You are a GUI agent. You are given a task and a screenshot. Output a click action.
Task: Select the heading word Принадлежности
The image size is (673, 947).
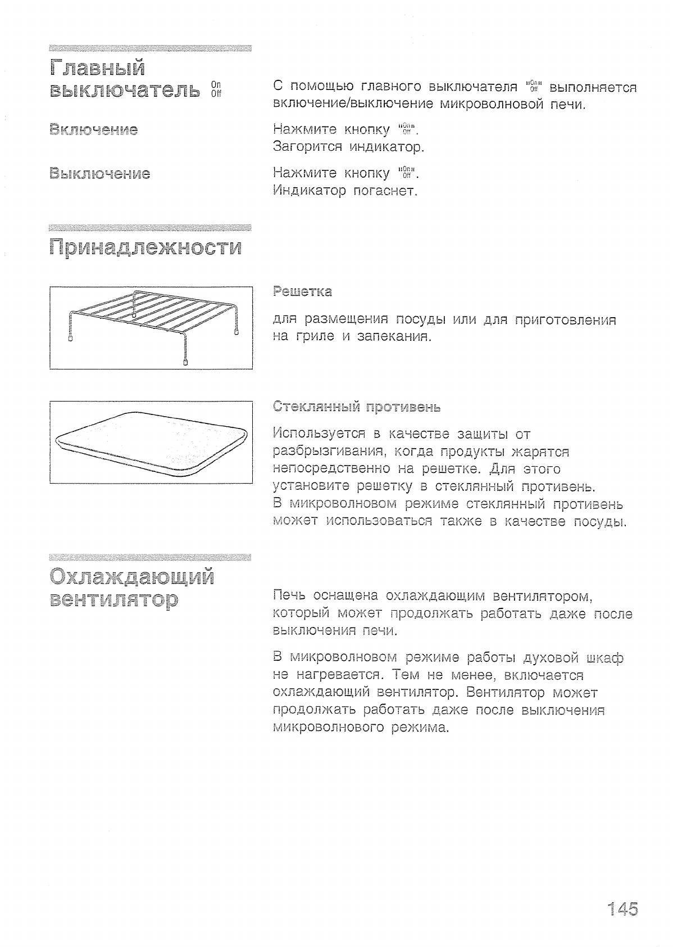coord(145,247)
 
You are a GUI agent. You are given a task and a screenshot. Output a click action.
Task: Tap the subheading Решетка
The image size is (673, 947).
coord(302,291)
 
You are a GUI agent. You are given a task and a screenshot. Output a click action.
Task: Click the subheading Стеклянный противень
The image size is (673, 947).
coord(357,407)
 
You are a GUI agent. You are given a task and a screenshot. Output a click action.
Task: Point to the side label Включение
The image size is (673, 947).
coord(94,130)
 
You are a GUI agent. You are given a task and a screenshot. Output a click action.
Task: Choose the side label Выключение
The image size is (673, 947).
coord(99,173)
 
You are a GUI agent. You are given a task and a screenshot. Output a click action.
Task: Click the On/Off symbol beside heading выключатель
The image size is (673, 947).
coord(216,89)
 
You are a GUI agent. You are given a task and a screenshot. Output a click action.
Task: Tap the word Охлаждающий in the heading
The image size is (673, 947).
coord(132,576)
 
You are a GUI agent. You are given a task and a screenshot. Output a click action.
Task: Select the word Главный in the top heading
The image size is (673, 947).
coord(97,68)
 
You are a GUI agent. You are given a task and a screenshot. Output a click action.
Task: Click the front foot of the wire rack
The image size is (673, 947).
coord(185,362)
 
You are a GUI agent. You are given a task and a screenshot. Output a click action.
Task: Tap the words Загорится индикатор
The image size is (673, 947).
coord(348,147)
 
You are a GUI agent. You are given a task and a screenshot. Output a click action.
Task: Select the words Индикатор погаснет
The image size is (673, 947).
coord(345,191)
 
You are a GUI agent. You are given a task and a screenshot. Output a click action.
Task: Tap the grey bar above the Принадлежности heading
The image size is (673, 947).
coord(150,227)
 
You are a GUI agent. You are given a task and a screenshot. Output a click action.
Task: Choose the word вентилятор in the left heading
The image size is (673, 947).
coord(114,600)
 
